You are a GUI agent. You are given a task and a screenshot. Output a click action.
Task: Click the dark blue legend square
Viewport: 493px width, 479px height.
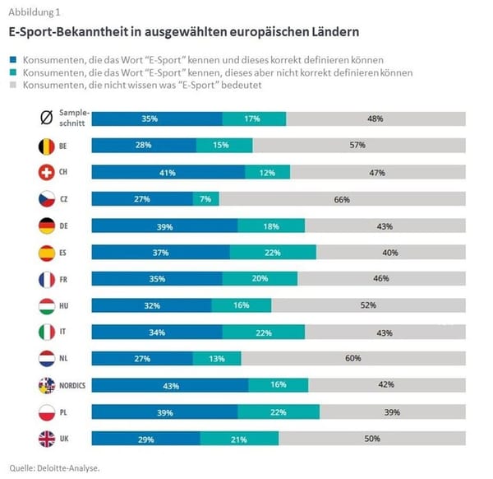[x=13, y=61]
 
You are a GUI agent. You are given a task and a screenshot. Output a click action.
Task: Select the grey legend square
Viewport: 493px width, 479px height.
[x=13, y=85]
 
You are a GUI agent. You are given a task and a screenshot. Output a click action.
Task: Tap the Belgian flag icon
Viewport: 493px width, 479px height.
[x=45, y=146]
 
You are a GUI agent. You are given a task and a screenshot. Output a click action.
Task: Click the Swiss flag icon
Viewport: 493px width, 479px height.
[x=45, y=172]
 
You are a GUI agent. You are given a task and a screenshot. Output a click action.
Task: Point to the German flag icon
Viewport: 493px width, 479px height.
[x=45, y=226]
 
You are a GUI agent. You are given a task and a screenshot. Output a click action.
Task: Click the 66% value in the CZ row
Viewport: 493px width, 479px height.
[x=342, y=199]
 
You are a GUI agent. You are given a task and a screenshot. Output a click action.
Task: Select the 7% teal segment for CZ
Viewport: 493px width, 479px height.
[x=206, y=199]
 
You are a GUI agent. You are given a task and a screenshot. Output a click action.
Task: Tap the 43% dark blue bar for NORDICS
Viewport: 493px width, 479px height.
[x=170, y=385]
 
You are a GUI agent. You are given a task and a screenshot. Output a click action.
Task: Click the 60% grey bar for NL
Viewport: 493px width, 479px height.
[x=353, y=358]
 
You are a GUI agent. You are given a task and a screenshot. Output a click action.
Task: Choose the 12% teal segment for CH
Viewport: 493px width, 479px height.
[x=265, y=172]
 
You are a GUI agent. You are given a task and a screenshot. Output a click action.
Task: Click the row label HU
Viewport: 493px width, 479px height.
[x=65, y=305]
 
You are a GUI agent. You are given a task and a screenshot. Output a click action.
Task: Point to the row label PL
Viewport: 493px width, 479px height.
[x=64, y=412]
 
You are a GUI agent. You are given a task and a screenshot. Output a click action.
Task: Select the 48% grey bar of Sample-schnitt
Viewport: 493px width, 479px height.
[x=376, y=119]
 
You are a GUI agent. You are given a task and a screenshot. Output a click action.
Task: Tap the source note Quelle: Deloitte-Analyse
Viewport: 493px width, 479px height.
[x=55, y=467]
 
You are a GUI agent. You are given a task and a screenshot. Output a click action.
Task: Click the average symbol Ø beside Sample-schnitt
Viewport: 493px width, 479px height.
[x=46, y=119]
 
